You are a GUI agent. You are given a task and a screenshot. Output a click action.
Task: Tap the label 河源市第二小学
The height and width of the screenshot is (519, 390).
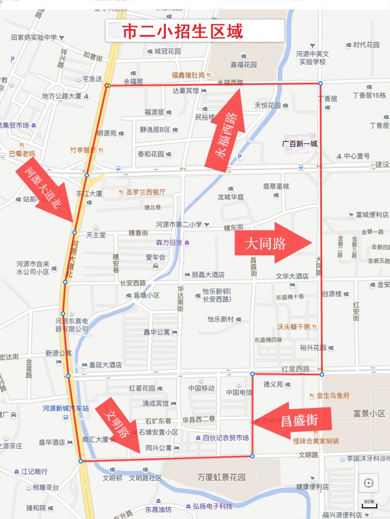coord(179,224)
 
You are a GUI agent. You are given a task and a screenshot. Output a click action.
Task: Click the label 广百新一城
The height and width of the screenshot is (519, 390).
coord(300,144)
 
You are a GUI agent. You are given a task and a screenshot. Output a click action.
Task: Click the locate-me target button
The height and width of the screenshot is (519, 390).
coord(369,483)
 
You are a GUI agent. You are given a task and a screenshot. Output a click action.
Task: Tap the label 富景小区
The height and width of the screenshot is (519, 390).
coord(369,413)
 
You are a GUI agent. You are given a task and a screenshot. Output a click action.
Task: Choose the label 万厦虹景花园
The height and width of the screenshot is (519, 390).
coord(221,477)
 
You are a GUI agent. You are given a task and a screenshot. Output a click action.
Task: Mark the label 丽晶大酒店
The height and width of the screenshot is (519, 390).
coord(208,275)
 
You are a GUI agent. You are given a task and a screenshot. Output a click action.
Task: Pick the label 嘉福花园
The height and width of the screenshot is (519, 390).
coord(244,64)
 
